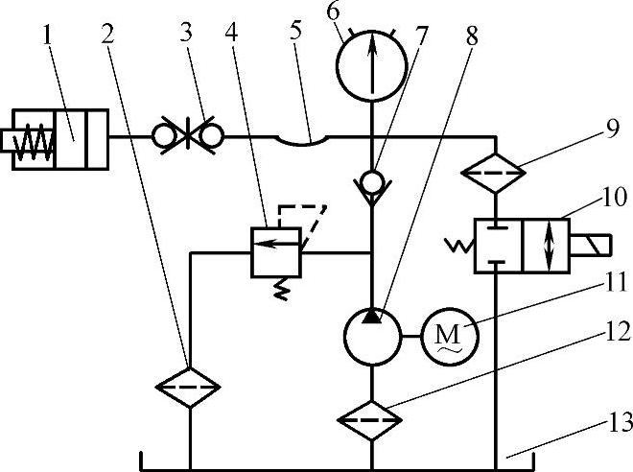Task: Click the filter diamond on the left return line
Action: coord(189,387)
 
